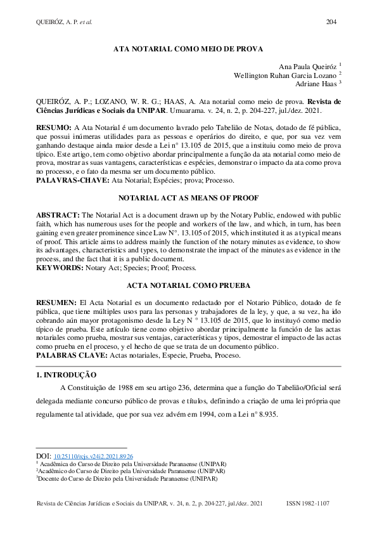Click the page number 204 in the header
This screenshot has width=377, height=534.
click(331, 22)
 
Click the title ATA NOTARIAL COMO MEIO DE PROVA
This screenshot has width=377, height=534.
click(188, 48)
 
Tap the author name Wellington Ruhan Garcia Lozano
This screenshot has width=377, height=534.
click(284, 75)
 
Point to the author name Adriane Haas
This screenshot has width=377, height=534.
click(316, 84)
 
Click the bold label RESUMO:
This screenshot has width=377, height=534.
click(54, 127)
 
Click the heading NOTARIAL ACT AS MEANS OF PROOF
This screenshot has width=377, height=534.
click(188, 198)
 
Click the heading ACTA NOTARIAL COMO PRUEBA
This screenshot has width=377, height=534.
click(188, 286)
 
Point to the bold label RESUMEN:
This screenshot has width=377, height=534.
click(56, 303)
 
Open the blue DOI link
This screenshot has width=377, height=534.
click(93, 456)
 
